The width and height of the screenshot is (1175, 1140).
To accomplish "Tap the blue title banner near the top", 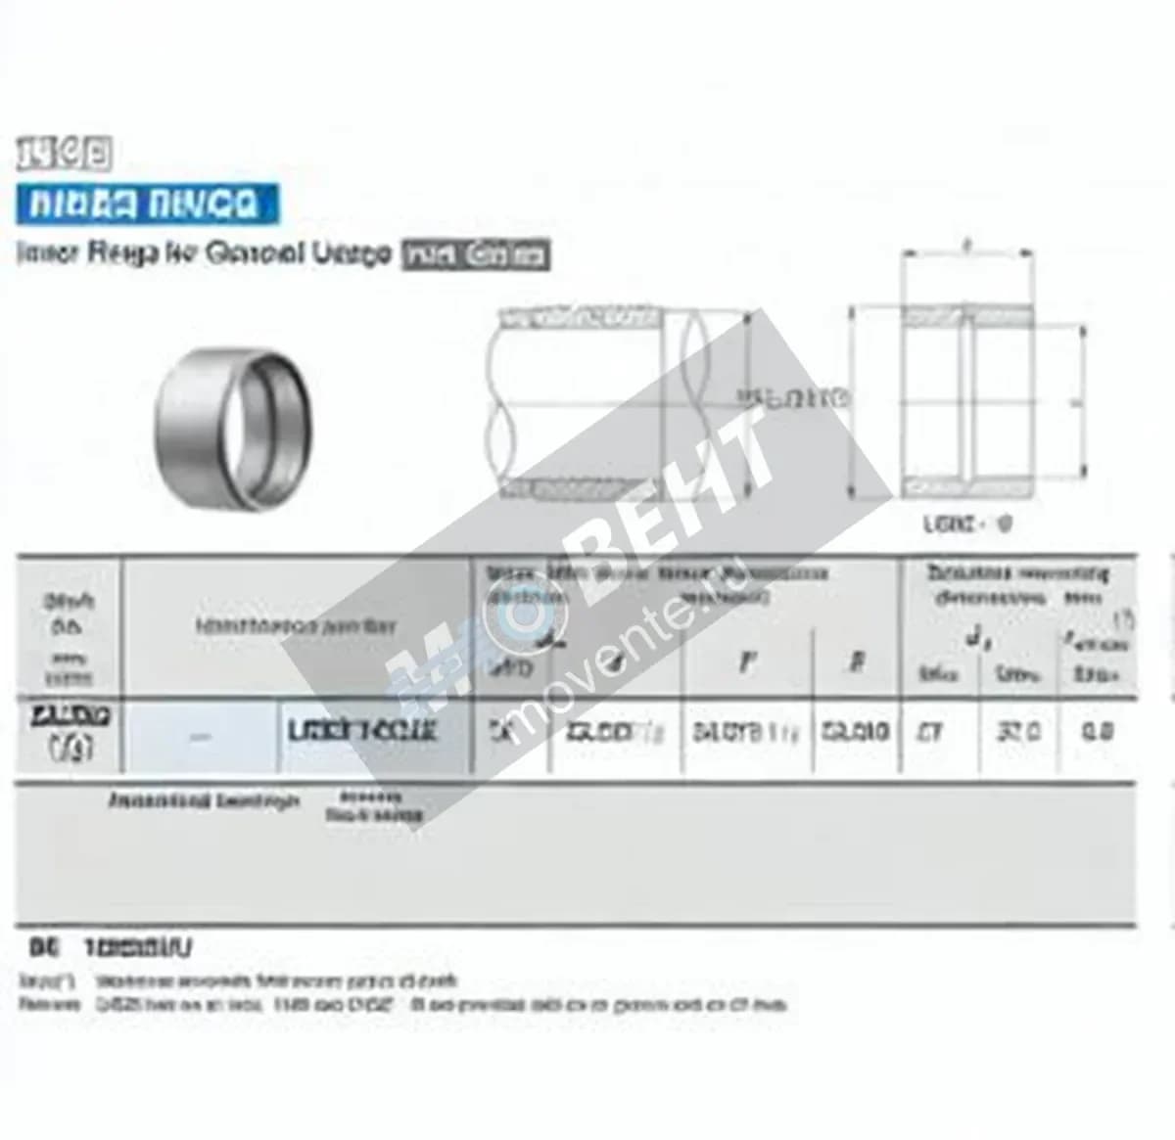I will tap(147, 205).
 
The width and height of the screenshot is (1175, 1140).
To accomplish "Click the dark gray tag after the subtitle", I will tap(476, 255).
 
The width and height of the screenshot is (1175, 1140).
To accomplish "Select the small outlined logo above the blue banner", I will tap(64, 154).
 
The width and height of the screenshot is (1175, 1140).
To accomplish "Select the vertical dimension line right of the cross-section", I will tap(1083, 401).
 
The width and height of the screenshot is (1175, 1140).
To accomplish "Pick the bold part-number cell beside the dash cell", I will tap(362, 731).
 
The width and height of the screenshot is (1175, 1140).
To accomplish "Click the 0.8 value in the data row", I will tap(1097, 731).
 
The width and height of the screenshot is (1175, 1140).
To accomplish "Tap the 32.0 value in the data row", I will tap(1018, 731).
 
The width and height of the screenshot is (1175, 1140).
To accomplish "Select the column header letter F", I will tap(746, 662).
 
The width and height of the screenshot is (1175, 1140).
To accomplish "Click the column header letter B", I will tap(856, 662).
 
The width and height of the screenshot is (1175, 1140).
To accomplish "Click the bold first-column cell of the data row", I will tap(70, 731).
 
